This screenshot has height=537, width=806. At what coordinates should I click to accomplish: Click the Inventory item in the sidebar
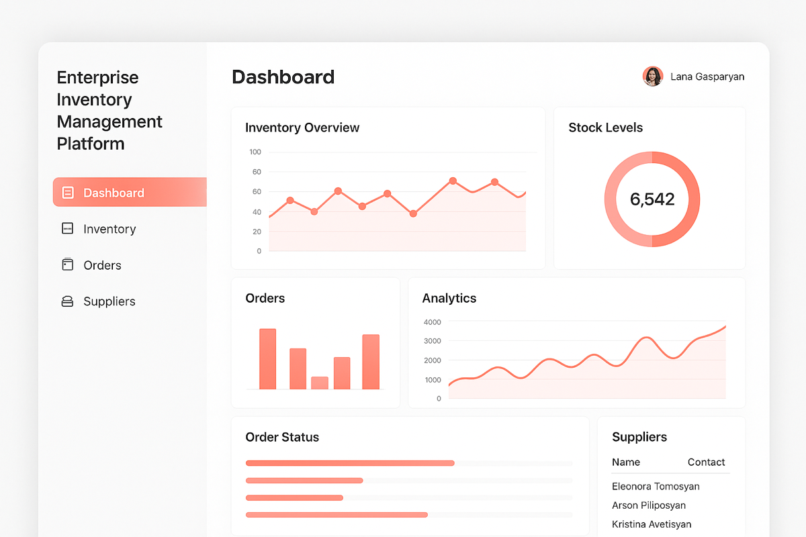(x=109, y=229)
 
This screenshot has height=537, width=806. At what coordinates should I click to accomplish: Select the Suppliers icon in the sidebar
(x=67, y=301)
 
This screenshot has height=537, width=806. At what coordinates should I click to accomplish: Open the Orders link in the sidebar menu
(x=102, y=265)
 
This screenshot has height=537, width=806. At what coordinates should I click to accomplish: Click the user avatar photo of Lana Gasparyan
(x=652, y=77)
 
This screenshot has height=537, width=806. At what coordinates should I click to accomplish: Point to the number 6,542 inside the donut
(x=652, y=199)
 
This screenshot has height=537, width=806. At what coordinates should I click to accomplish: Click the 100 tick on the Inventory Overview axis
(x=255, y=152)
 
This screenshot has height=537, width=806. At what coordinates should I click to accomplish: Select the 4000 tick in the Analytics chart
(x=432, y=322)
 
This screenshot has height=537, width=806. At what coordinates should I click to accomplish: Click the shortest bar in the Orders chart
(x=320, y=383)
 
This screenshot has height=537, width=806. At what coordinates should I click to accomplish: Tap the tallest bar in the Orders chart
(x=268, y=359)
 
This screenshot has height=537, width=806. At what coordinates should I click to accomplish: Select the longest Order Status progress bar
(x=350, y=462)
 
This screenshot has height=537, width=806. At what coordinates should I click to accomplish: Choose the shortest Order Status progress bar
(x=294, y=497)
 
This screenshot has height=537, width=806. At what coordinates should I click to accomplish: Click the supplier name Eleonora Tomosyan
(x=656, y=487)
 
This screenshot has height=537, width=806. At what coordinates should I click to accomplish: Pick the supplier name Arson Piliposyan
(x=649, y=505)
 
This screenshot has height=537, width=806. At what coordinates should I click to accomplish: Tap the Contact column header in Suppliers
(x=706, y=462)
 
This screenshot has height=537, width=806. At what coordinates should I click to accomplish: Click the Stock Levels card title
(x=605, y=128)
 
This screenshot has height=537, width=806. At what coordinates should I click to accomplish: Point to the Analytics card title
(x=449, y=298)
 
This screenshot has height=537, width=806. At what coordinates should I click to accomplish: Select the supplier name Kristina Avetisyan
(x=652, y=524)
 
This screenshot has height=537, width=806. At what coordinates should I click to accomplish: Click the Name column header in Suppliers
(x=626, y=462)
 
